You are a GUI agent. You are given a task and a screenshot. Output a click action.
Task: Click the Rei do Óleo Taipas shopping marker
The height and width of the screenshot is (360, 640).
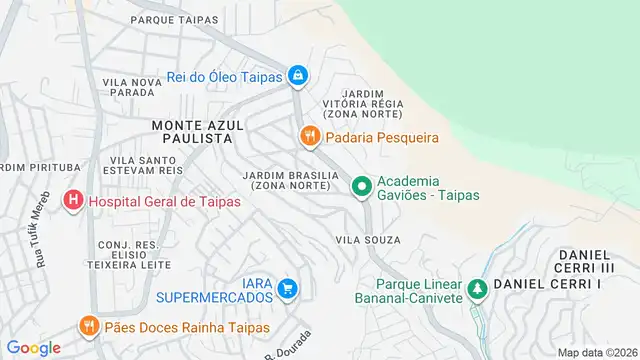(297, 75)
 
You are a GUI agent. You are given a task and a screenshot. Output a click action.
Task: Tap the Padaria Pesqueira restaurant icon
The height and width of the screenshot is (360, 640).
(310, 135)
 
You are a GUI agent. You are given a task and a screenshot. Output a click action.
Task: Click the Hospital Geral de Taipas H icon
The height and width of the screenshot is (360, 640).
(73, 201)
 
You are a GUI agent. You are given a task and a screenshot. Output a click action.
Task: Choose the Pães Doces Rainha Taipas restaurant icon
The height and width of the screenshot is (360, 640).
(88, 325)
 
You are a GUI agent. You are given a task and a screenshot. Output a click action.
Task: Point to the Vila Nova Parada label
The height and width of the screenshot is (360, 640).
(129, 86)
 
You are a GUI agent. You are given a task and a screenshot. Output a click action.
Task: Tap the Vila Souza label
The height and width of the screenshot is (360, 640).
(368, 240)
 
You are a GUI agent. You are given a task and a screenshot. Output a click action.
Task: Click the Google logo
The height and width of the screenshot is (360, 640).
(34, 348)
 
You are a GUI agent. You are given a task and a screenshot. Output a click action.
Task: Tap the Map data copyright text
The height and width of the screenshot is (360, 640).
(597, 352)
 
